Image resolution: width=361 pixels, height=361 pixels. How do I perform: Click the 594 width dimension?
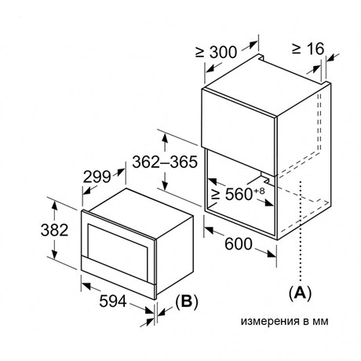[113, 301]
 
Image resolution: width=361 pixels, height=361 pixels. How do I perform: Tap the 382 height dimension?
[54, 230]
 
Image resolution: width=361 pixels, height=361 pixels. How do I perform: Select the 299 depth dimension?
[97, 177]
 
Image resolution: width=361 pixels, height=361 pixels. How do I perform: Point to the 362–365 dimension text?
[165, 162]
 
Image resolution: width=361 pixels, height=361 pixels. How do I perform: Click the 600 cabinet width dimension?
[239, 244]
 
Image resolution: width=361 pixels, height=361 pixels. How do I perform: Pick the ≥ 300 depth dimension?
[217, 53]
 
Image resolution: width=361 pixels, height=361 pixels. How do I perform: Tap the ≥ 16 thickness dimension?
[308, 49]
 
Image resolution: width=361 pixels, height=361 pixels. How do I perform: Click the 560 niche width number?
[239, 194]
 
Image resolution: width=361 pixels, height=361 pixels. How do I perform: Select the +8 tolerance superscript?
[259, 191]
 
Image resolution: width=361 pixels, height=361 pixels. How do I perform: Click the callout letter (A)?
[300, 294]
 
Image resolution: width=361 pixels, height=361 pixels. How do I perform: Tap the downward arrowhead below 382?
[54, 253]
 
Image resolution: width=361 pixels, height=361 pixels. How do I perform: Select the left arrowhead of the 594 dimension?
[86, 286]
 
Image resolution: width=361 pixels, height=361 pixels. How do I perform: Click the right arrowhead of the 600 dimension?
[272, 254]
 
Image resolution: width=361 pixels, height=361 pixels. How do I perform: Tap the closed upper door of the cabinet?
[239, 132]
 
